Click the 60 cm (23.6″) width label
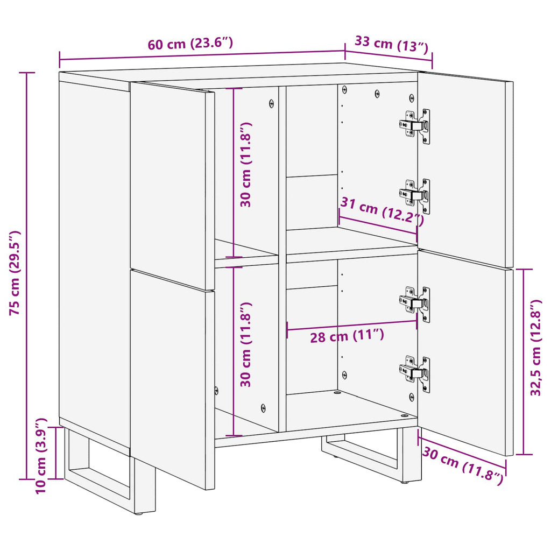point(190,44)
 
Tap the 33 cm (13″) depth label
point(391,44)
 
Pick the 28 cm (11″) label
point(347,336)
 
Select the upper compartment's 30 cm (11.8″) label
point(246,165)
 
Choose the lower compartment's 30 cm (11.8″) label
point(246,344)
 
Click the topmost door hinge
point(415,125)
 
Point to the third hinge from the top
point(415,303)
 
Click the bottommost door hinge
point(415,372)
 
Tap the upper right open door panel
point(463,167)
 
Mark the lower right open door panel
point(463,350)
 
